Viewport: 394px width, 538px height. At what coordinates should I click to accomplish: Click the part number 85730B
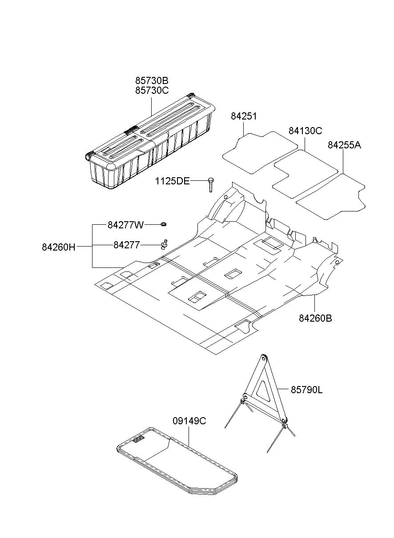(152, 81)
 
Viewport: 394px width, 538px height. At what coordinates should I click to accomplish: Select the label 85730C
(152, 91)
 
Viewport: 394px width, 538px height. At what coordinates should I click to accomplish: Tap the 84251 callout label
(244, 116)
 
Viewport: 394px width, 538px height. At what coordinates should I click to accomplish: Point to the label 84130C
(305, 131)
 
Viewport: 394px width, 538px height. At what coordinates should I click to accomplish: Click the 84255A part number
(345, 145)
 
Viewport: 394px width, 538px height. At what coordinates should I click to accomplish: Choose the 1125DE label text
(172, 181)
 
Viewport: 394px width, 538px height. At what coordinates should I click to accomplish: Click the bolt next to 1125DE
(210, 183)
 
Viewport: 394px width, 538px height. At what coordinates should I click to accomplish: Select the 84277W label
(126, 225)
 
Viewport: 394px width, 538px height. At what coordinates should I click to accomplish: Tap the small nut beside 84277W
(163, 224)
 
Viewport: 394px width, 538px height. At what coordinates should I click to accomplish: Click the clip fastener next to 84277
(165, 243)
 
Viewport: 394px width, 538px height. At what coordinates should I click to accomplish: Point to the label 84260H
(59, 247)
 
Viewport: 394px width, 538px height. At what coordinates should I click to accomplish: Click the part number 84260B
(315, 318)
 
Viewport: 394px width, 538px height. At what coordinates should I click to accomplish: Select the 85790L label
(307, 390)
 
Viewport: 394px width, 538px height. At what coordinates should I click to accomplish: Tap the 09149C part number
(189, 421)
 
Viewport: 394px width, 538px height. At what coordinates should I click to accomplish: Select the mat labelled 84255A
(331, 198)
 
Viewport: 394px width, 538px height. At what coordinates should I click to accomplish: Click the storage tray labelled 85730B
(151, 142)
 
